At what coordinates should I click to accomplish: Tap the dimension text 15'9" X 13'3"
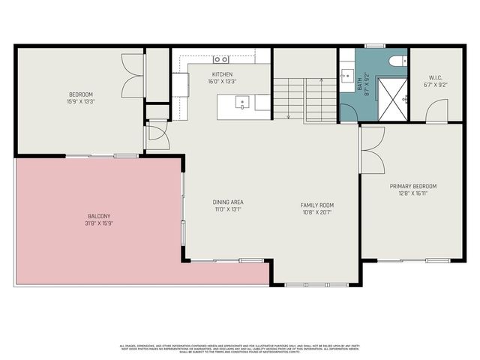[x=81, y=101]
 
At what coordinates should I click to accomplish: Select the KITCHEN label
[x=222, y=74]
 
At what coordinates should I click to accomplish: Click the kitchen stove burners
[x=221, y=59]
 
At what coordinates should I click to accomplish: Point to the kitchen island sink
[x=242, y=102]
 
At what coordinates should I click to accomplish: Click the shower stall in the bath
[x=389, y=97]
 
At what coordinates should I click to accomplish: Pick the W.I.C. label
[x=438, y=78]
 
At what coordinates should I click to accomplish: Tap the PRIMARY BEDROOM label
[x=412, y=186]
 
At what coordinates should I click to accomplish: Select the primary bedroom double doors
[x=372, y=150]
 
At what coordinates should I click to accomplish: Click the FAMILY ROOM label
[x=317, y=205]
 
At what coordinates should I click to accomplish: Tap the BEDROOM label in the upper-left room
[x=81, y=94]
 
